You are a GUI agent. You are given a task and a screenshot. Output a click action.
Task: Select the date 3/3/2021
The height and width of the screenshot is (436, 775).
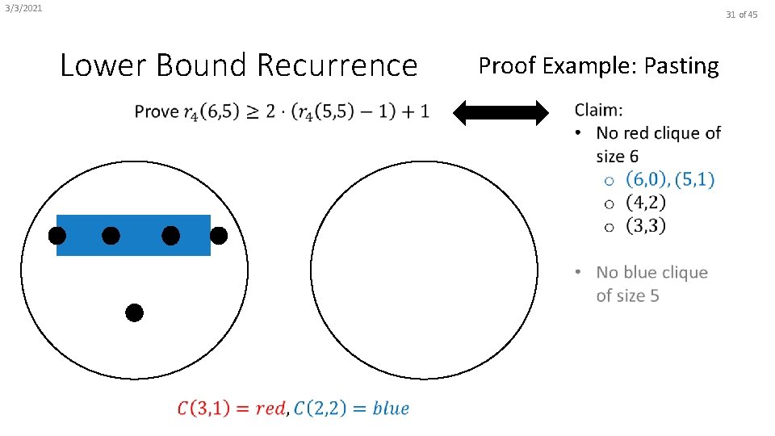23,9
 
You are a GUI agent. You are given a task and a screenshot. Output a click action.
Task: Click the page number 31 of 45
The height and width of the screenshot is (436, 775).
742,15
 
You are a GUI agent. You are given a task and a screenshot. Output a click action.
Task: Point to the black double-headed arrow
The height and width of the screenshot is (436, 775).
501,112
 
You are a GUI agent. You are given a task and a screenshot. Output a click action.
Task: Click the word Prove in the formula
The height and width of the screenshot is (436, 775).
156,111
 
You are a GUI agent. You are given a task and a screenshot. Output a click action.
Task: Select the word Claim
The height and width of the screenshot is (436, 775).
598,109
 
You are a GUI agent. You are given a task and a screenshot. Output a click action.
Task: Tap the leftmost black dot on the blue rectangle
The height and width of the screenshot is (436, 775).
57,236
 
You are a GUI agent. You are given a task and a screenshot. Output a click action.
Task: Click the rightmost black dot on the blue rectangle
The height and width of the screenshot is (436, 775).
218,236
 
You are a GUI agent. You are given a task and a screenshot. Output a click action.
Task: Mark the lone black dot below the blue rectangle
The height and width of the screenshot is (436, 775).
135,312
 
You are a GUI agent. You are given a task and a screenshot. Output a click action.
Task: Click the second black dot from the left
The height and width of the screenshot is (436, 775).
111,236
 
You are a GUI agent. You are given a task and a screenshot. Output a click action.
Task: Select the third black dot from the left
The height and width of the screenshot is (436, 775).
170,236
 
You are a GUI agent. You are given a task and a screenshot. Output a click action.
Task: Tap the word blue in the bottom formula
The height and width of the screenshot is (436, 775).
391,409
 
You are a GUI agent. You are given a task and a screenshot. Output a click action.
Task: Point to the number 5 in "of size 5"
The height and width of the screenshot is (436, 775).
654,296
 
